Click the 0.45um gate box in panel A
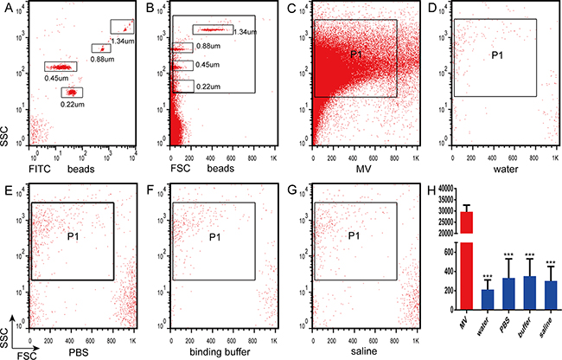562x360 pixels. [61, 67]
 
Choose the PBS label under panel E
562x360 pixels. [76, 342]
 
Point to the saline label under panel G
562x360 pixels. [356, 342]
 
